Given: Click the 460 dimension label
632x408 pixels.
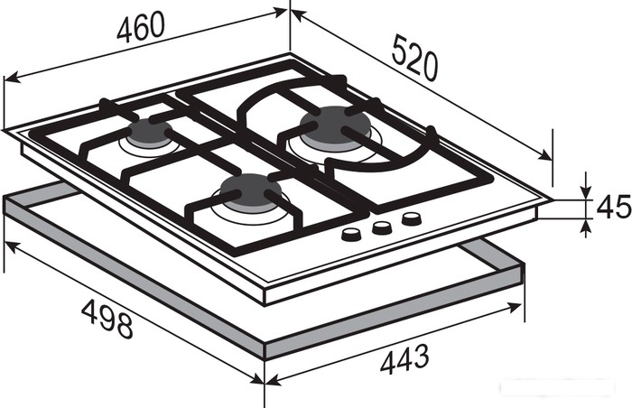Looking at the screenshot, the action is click(x=141, y=26).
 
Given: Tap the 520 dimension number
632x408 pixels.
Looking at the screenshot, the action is click(x=414, y=58).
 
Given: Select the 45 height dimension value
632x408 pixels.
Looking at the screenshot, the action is click(x=613, y=207).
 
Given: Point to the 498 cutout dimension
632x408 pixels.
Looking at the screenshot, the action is click(x=107, y=320).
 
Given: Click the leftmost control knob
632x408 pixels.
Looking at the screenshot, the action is click(x=351, y=234).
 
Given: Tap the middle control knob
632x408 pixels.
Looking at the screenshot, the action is click(x=381, y=227).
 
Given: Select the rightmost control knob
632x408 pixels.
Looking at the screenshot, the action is click(x=412, y=219).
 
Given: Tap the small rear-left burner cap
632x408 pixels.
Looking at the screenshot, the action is click(x=150, y=132).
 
